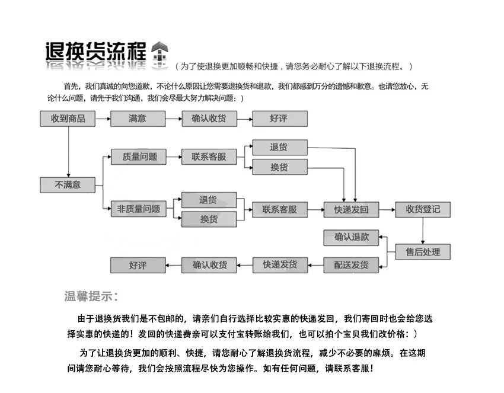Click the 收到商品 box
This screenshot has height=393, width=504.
coord(68,119)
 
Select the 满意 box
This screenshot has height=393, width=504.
coord(137,119)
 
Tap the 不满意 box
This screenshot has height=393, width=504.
coord(68,184)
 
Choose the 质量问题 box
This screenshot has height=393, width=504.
coord(139,157)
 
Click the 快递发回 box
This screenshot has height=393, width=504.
coord(351,209)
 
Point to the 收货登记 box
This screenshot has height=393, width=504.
coord(423,209)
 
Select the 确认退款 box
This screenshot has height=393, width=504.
coord(351,237)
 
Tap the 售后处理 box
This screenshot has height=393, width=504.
coord(423,251)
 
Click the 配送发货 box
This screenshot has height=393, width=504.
coord(351,264)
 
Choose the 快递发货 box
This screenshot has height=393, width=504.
coord(280,264)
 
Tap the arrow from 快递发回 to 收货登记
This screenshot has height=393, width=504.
coord(387,209)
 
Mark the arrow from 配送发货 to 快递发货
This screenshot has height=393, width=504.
coord(315,264)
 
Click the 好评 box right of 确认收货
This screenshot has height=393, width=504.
coord(279,119)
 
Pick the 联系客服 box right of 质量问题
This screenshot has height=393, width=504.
coord(209,157)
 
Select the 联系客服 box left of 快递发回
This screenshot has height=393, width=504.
coord(280,209)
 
